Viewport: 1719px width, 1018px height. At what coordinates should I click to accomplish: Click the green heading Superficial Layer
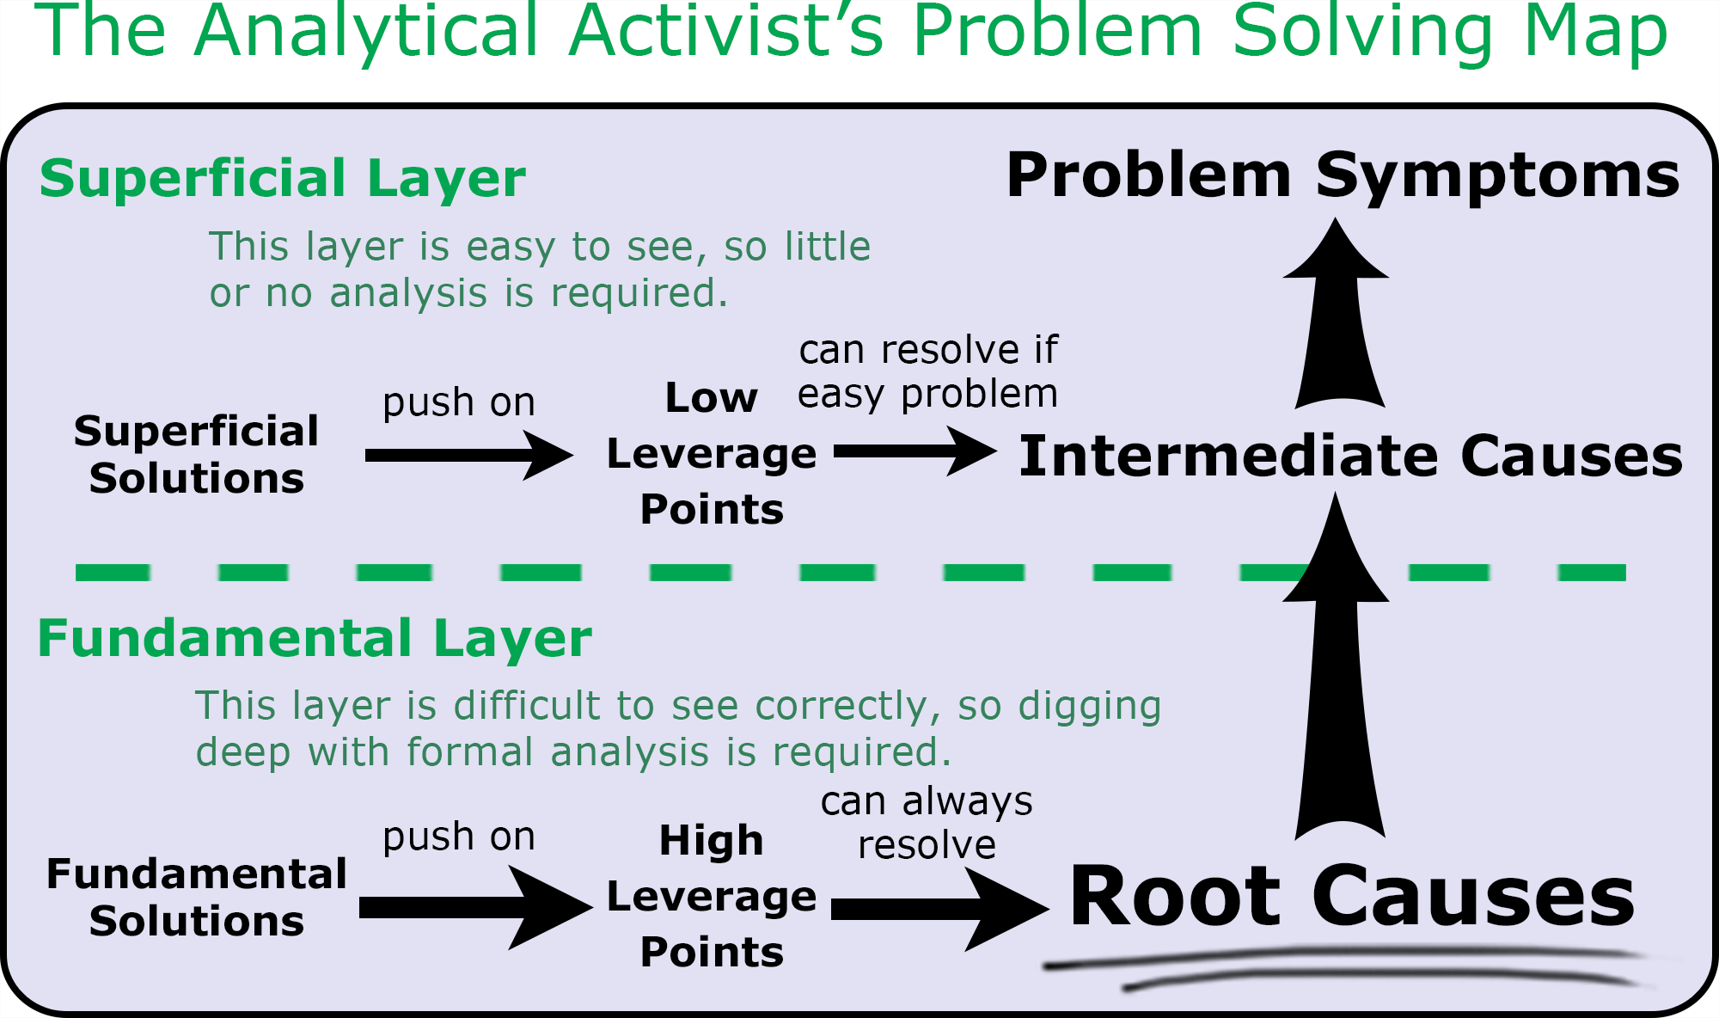click(282, 179)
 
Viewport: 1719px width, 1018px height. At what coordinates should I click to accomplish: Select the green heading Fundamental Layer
click(315, 639)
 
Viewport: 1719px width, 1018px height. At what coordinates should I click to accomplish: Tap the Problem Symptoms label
click(1343, 175)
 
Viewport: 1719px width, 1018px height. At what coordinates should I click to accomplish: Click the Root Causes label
click(1352, 897)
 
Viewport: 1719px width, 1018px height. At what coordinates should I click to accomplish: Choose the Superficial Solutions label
click(196, 454)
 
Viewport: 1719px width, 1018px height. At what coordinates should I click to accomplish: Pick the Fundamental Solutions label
click(196, 897)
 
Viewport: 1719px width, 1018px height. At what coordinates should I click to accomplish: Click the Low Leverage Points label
click(712, 453)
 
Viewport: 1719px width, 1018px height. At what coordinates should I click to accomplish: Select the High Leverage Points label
click(712, 896)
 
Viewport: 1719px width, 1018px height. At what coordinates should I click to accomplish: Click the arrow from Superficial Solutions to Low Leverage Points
click(468, 455)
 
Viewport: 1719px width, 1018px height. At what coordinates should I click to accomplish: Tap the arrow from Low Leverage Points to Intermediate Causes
click(915, 451)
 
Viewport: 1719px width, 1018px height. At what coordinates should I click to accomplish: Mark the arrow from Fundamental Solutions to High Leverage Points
click(475, 907)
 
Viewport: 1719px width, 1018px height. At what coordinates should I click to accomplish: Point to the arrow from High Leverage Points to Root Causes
click(939, 909)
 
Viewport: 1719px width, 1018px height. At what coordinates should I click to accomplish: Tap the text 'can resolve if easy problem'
click(927, 371)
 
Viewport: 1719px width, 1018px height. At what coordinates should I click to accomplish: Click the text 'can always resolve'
click(927, 823)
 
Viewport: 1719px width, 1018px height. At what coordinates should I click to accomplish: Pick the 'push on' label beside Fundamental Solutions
click(459, 837)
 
